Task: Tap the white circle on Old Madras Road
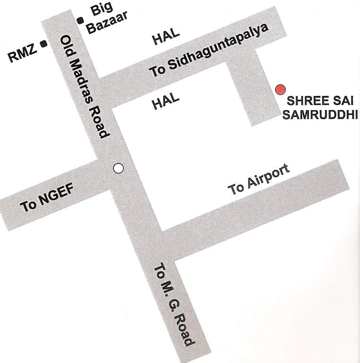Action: [119, 168]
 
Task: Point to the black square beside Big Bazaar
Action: [80, 20]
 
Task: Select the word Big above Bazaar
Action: [99, 9]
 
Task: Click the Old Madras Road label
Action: [86, 87]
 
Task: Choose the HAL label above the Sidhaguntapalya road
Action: [166, 37]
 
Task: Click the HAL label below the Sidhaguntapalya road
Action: [166, 102]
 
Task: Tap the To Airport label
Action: [258, 180]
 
